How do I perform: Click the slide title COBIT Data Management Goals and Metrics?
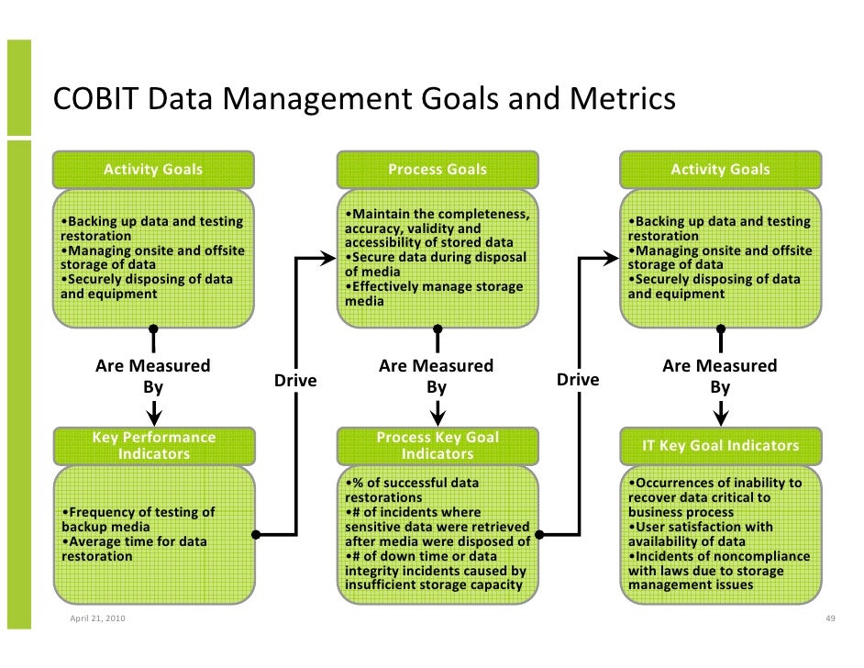pyautogui.click(x=364, y=99)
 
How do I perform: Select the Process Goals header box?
pyautogui.click(x=438, y=170)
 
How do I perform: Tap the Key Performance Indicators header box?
pyautogui.click(x=153, y=446)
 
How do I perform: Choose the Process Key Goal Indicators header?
pyautogui.click(x=438, y=446)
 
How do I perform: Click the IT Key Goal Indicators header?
pyautogui.click(x=720, y=446)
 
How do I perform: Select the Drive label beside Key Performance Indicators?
pyautogui.click(x=295, y=380)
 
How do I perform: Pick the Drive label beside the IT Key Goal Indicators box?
pyautogui.click(x=578, y=380)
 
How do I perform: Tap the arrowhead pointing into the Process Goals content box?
pyautogui.click(x=329, y=259)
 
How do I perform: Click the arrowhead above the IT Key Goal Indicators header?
pyautogui.click(x=721, y=418)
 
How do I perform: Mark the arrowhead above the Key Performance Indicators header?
pyautogui.click(x=154, y=418)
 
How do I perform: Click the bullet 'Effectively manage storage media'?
pyautogui.click(x=434, y=294)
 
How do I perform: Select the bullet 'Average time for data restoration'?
pyautogui.click(x=134, y=549)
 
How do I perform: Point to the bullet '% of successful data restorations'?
pyautogui.click(x=412, y=490)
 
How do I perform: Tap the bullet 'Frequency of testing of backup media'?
pyautogui.click(x=138, y=519)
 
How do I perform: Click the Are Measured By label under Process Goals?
pyautogui.click(x=437, y=376)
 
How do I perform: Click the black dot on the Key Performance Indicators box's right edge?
pyautogui.click(x=256, y=534)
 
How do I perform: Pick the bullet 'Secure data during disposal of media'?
pyautogui.click(x=436, y=264)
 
